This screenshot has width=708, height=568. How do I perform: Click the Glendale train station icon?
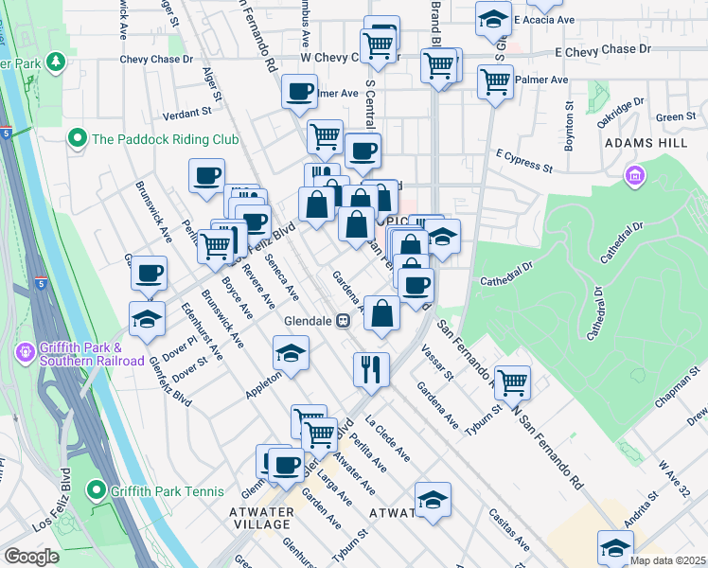[x=344, y=321]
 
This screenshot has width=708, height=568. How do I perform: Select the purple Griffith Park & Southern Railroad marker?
[x=26, y=353]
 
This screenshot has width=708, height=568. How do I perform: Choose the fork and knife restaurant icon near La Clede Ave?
[x=372, y=368]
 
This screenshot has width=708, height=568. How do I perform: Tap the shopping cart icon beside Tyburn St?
[x=512, y=382]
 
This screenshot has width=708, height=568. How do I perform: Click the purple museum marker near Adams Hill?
[x=634, y=176]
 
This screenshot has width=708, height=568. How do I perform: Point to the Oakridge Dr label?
[x=620, y=112]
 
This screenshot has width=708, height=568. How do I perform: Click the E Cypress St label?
[x=523, y=159]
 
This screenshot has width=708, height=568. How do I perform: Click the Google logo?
[x=31, y=557]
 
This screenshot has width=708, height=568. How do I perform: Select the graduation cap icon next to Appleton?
[x=292, y=354]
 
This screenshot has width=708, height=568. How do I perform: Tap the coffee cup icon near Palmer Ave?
[x=299, y=92]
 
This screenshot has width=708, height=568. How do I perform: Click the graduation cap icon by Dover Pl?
[x=148, y=320]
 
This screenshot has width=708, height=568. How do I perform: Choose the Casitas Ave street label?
[x=508, y=530]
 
